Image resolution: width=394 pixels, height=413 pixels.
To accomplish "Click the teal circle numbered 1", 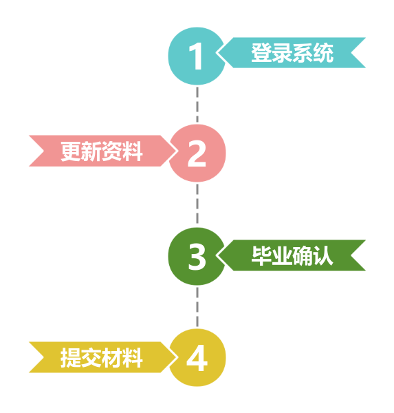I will click(x=197, y=56).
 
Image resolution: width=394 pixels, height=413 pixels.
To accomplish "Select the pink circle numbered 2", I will click(x=197, y=153).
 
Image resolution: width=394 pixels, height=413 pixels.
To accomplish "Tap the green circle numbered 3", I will click(x=197, y=256).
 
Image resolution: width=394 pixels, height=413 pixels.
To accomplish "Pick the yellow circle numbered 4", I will click(x=197, y=358).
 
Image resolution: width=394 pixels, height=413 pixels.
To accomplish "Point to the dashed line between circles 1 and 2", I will click(x=197, y=105).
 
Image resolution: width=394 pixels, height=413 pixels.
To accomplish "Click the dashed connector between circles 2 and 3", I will click(x=197, y=205).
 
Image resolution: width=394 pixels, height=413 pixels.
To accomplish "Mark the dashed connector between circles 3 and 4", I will click(x=197, y=307).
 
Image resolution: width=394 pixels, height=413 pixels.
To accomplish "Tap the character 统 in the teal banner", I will click(x=323, y=53).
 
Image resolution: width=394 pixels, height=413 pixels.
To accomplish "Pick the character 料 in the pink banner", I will click(x=133, y=151).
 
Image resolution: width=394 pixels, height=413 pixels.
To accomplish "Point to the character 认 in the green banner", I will click(x=323, y=256).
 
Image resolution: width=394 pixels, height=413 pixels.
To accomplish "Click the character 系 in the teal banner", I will click(x=303, y=53).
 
